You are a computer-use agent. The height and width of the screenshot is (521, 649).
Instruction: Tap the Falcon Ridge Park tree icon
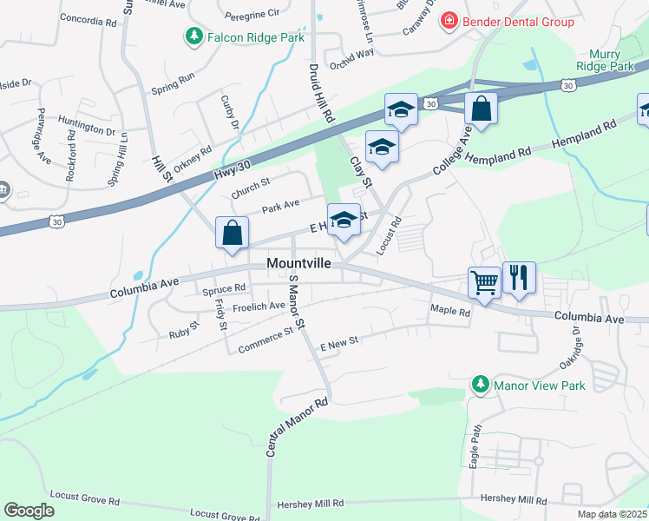192,36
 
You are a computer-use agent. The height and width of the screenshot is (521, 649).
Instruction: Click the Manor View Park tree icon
478,384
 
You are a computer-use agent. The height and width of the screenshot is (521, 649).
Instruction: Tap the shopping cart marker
484,280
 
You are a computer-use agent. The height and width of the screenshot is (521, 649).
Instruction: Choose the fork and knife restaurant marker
519,277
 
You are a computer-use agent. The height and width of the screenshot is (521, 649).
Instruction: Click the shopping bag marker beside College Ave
481,109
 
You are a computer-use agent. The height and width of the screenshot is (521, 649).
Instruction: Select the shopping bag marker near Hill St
232,233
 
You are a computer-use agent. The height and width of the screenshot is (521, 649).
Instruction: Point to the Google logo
29,510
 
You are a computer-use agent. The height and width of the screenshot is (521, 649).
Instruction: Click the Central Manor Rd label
297,428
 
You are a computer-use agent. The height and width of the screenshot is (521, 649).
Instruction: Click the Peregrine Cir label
251,15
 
